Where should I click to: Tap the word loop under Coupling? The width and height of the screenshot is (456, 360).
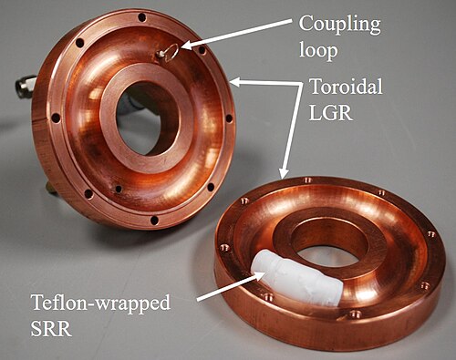click(x=318, y=49)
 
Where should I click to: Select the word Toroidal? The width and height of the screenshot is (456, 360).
click(x=346, y=87)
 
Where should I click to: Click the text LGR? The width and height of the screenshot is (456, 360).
click(x=330, y=112)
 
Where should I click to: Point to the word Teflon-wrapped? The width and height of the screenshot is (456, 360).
click(x=100, y=303)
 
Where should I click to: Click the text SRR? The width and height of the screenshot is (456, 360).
click(x=51, y=328)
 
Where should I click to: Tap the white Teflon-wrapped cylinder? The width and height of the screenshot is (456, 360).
click(x=295, y=277)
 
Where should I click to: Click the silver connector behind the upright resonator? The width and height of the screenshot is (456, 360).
click(x=26, y=86)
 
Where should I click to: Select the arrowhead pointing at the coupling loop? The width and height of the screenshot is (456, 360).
click(x=188, y=45)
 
